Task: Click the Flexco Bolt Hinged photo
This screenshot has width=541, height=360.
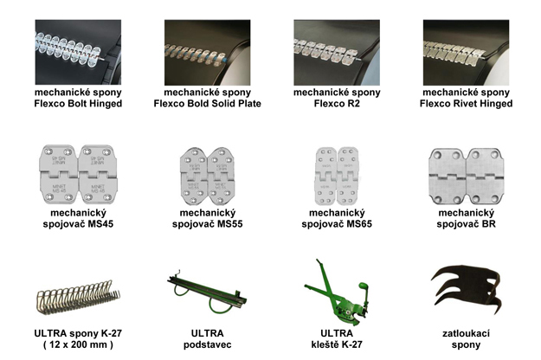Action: (78, 52)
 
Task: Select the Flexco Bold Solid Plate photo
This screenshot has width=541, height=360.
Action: (208, 53)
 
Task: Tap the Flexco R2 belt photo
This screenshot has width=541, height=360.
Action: (337, 53)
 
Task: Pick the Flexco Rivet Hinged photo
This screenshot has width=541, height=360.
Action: (467, 53)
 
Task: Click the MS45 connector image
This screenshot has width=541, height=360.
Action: (78, 175)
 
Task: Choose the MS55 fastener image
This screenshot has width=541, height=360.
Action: (208, 177)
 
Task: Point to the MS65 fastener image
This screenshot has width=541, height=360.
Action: (337, 177)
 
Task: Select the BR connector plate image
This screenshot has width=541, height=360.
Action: (467, 177)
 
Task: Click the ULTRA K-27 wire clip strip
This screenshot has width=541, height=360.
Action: (78, 297)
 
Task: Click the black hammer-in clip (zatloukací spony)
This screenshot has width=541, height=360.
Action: (467, 289)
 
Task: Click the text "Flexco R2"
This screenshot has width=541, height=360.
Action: (337, 104)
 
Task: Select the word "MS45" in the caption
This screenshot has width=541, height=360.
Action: (100, 224)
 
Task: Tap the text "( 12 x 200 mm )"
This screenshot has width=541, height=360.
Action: (78, 344)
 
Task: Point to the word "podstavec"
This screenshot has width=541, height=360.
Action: (208, 344)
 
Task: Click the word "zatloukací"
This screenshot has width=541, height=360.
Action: (467, 333)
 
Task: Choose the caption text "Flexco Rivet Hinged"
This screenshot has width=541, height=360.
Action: (467, 104)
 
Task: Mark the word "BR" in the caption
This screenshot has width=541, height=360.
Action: (488, 224)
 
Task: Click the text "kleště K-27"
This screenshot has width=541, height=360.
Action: (337, 344)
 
